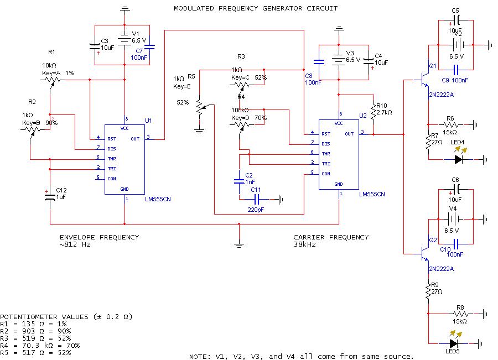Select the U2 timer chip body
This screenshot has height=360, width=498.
click(339, 155)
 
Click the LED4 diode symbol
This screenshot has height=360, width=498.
click(459, 159)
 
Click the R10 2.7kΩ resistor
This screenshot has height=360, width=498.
click(375, 113)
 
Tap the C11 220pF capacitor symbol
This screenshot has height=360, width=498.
click(256, 199)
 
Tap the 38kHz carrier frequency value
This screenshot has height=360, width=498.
click(304, 244)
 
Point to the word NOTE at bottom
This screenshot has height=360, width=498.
click(199, 356)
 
